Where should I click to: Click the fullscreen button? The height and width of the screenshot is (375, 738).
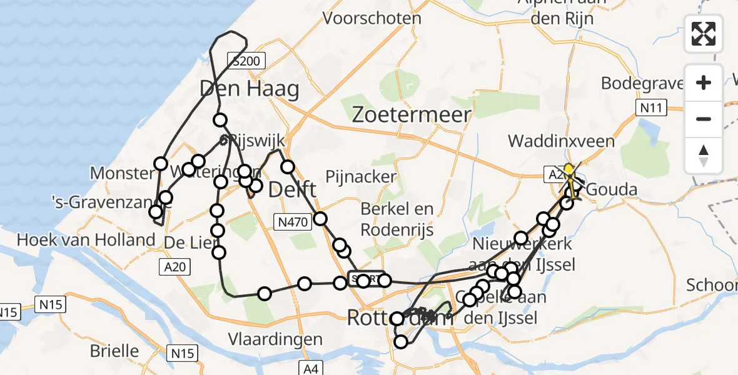tap(704, 33)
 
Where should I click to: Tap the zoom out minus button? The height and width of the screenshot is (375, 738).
tap(704, 119)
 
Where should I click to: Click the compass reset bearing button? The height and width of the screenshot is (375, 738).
tap(704, 155)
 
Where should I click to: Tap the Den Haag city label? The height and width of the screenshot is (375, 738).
tap(249, 89)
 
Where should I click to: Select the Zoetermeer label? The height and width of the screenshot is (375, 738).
tap(411, 114)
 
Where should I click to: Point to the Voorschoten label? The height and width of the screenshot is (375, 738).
tap(372, 18)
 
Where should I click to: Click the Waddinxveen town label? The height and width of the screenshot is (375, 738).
tap(561, 141)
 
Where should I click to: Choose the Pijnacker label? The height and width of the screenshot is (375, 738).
tap(361, 176)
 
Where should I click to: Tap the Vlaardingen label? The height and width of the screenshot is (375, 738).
tap(275, 339)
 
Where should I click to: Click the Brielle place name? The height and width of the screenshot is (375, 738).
tap(114, 350)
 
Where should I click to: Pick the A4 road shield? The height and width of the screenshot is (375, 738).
tap(309, 367)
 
